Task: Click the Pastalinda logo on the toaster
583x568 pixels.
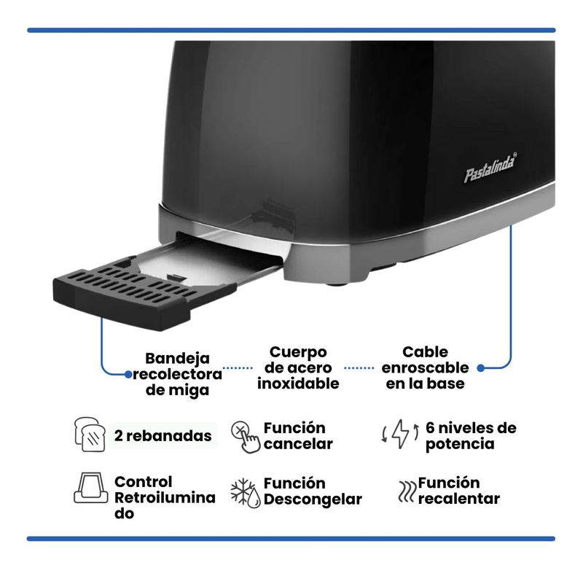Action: tap(490, 168)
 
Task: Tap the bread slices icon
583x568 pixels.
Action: tap(90, 435)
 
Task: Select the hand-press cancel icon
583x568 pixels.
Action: tap(246, 437)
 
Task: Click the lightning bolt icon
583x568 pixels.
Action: tap(401, 434)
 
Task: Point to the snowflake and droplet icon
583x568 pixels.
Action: tap(246, 493)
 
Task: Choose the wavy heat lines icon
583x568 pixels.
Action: tap(406, 491)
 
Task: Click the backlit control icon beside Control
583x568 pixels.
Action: tap(91, 488)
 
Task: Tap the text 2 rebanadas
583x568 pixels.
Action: tap(163, 435)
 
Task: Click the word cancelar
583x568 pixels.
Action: tap(298, 444)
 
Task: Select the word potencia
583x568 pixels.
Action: tap(460, 444)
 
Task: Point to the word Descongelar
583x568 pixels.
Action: tap(313, 499)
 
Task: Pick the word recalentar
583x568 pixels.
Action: tap(459, 499)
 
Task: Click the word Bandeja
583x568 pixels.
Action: tap(177, 358)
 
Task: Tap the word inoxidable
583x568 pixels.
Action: tap(298, 384)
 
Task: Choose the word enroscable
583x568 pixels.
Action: tap(426, 367)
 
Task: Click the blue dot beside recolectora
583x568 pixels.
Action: tap(128, 374)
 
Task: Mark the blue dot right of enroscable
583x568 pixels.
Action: tap(481, 368)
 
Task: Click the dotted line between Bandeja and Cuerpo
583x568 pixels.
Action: tap(238, 368)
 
